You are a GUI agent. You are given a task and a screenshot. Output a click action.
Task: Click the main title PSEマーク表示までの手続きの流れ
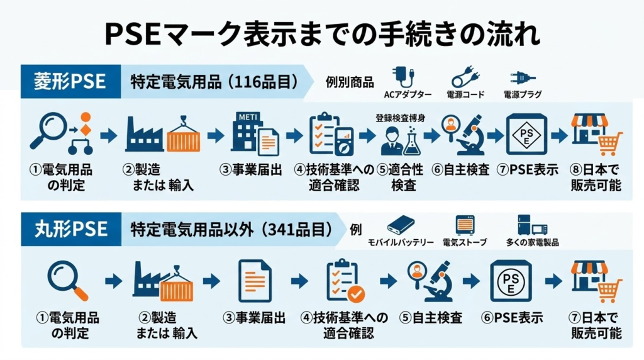(x=321, y=35)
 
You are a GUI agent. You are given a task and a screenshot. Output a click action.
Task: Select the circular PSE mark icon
(x=511, y=280)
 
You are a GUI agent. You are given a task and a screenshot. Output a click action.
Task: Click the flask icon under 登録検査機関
(x=412, y=142)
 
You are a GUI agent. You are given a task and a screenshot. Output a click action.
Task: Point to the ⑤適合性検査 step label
(x=399, y=178)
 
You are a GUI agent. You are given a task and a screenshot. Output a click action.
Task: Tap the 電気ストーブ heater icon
(x=465, y=225)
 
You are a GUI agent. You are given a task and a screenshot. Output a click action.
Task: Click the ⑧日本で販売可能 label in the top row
(x=596, y=178)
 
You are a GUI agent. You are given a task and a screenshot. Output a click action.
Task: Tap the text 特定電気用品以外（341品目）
(x=231, y=230)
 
